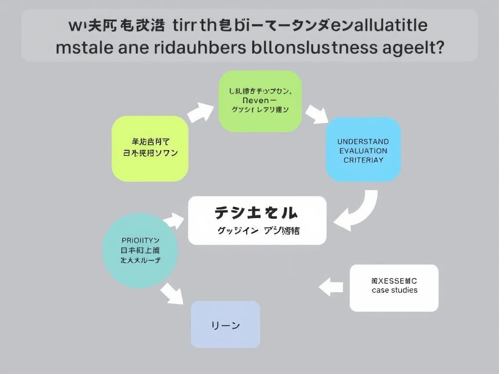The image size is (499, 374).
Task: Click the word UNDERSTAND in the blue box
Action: pos(363,142)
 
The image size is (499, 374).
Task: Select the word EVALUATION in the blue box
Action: pos(363,150)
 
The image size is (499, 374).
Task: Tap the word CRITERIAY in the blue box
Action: pos(363,160)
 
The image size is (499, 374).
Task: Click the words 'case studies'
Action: pos(394,290)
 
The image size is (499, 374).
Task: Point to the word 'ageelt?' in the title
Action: pos(414,48)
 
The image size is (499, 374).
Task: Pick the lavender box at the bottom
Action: pos(225,324)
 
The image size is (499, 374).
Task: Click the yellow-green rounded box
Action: pos(150,149)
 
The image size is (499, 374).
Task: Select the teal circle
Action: pos(140,250)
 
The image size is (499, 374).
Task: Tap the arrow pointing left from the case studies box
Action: pos(331,286)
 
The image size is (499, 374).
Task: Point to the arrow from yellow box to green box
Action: pos(200,113)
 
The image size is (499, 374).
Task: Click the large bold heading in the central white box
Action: pos(256,213)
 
